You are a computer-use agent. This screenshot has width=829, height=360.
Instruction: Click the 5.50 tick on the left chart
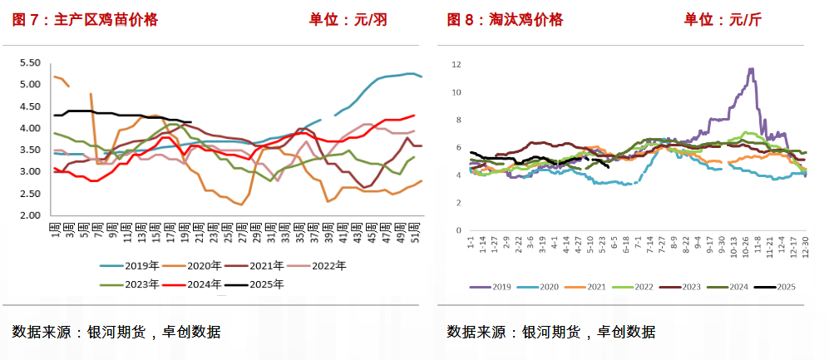(30, 62)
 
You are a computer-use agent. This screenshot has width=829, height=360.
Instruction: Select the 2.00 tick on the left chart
(30, 215)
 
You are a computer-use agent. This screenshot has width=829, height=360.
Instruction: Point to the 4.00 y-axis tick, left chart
(30, 128)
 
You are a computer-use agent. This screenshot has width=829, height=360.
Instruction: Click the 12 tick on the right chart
(456, 64)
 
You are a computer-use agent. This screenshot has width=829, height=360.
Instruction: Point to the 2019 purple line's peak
(752, 69)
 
